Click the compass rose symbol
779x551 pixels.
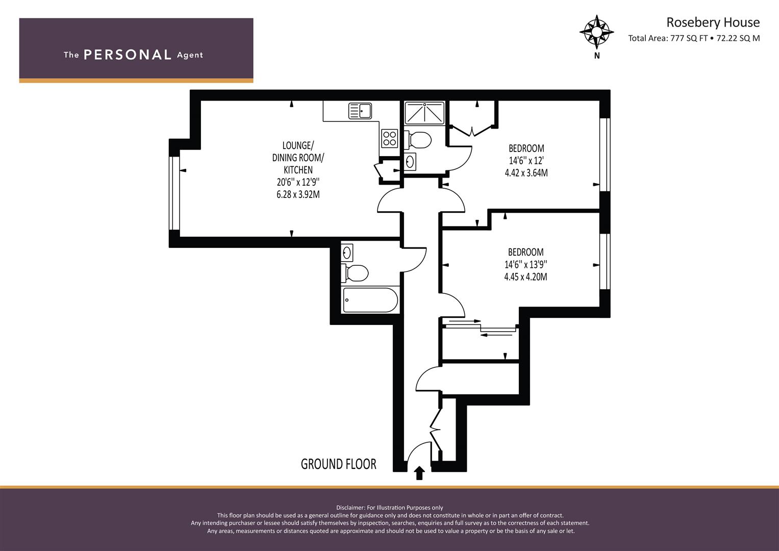[597, 32]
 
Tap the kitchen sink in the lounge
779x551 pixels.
[360, 111]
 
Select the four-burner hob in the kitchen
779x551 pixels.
[390, 138]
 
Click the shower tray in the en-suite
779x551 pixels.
[424, 113]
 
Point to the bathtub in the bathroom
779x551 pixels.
[370, 300]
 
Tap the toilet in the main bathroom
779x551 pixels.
[355, 273]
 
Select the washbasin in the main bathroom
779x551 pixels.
[347, 253]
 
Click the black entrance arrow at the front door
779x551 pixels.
[420, 473]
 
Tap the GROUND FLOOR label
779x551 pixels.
[338, 464]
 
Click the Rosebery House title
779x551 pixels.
[713, 22]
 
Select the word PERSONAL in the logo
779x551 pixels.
[128, 55]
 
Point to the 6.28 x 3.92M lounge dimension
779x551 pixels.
[298, 194]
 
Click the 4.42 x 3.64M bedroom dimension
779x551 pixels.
[526, 172]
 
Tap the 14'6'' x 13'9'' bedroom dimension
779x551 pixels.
[525, 264]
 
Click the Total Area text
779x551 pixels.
[694, 38]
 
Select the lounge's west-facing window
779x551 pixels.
[174, 193]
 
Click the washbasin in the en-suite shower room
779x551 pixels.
[410, 161]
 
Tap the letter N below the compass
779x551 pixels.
[597, 56]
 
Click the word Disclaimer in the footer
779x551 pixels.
[350, 508]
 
